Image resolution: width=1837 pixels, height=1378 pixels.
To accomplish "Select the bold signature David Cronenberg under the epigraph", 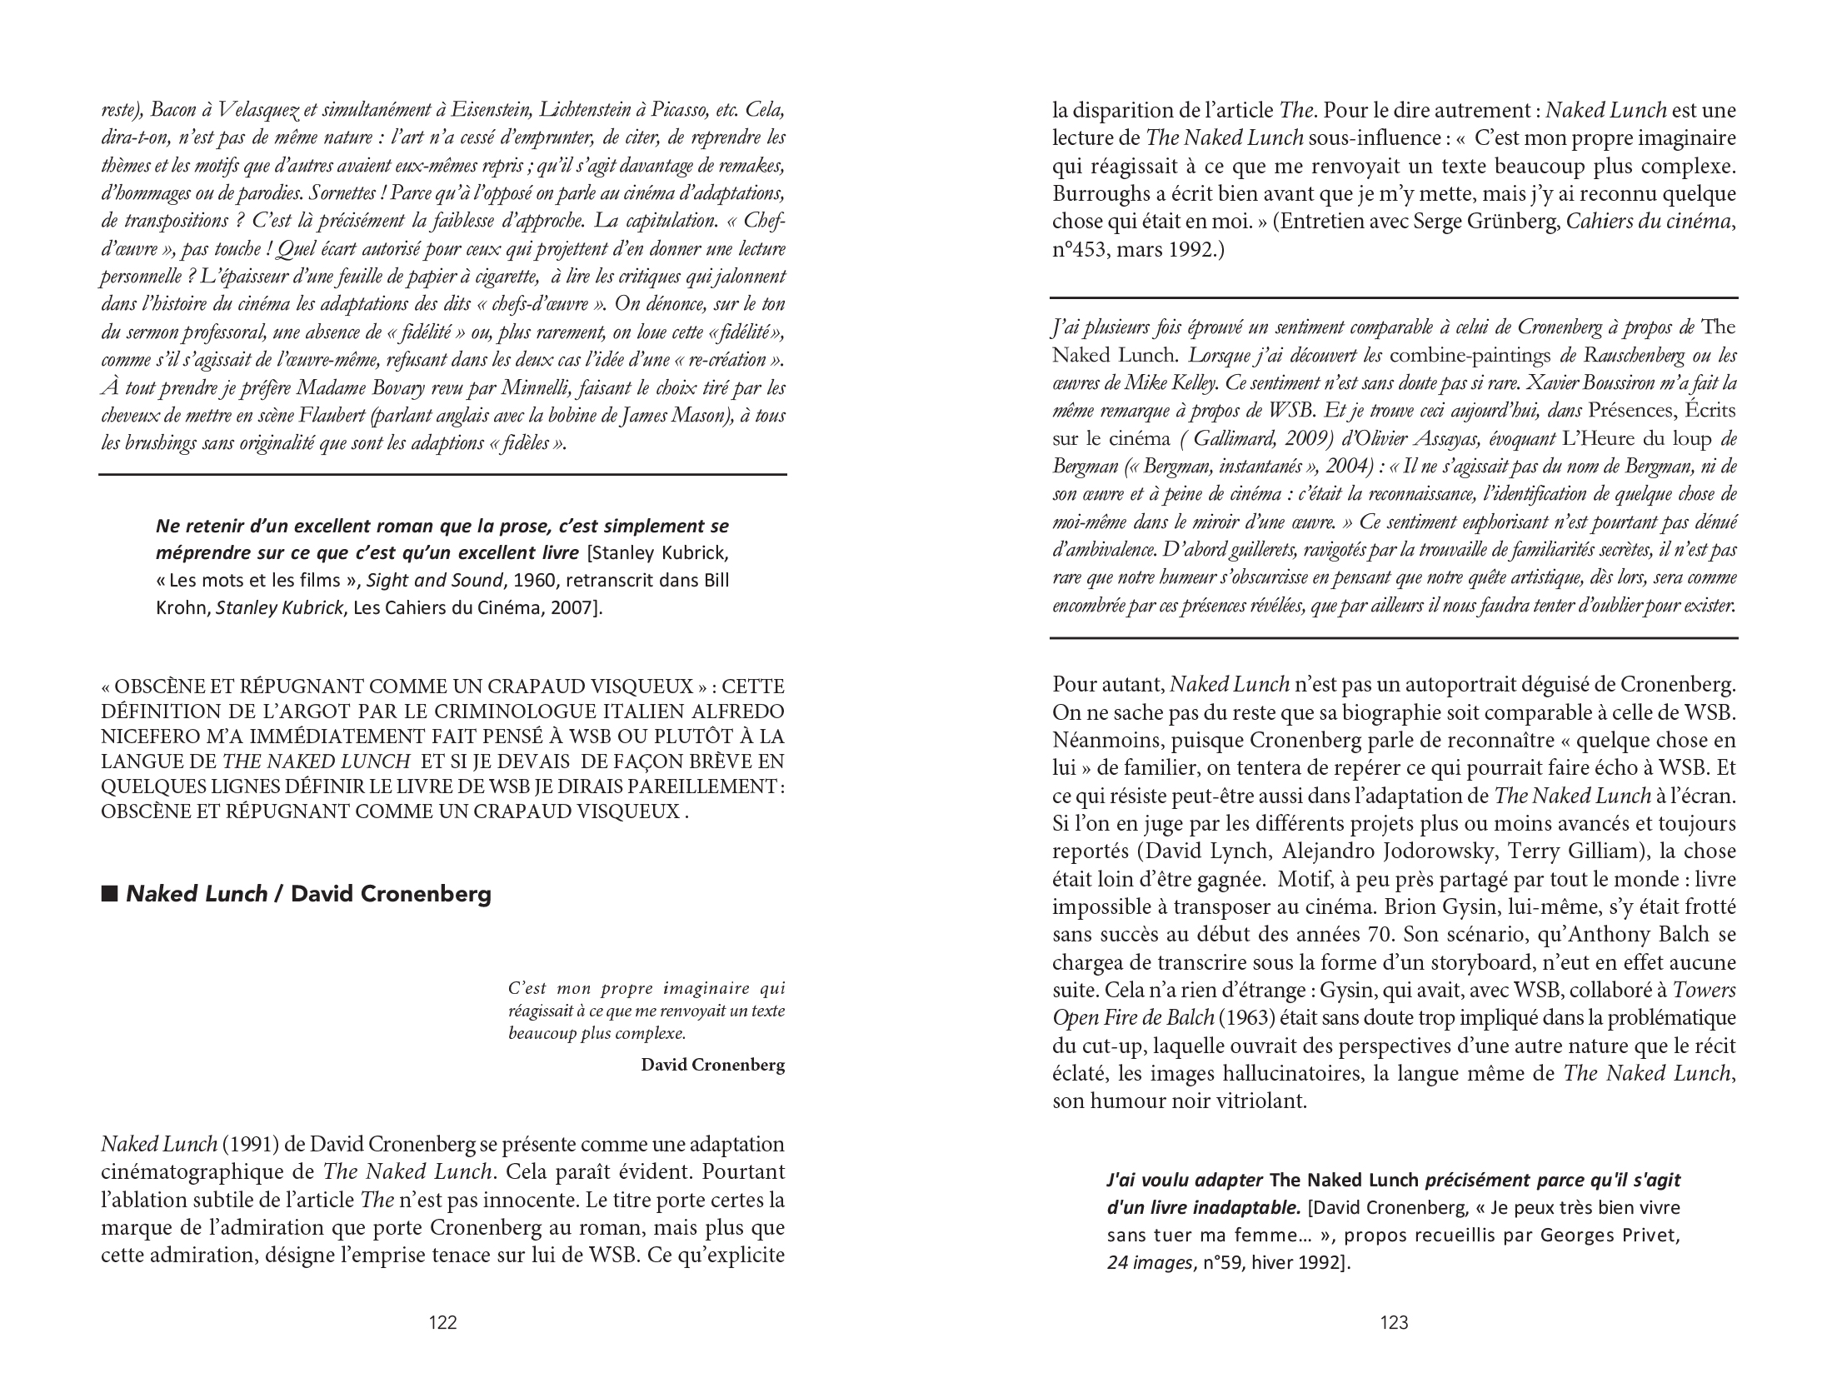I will (x=712, y=1065).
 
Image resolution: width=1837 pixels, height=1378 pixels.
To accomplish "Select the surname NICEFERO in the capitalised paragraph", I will (x=144, y=736).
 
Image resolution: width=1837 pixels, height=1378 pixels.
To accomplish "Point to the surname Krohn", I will (x=183, y=607).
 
